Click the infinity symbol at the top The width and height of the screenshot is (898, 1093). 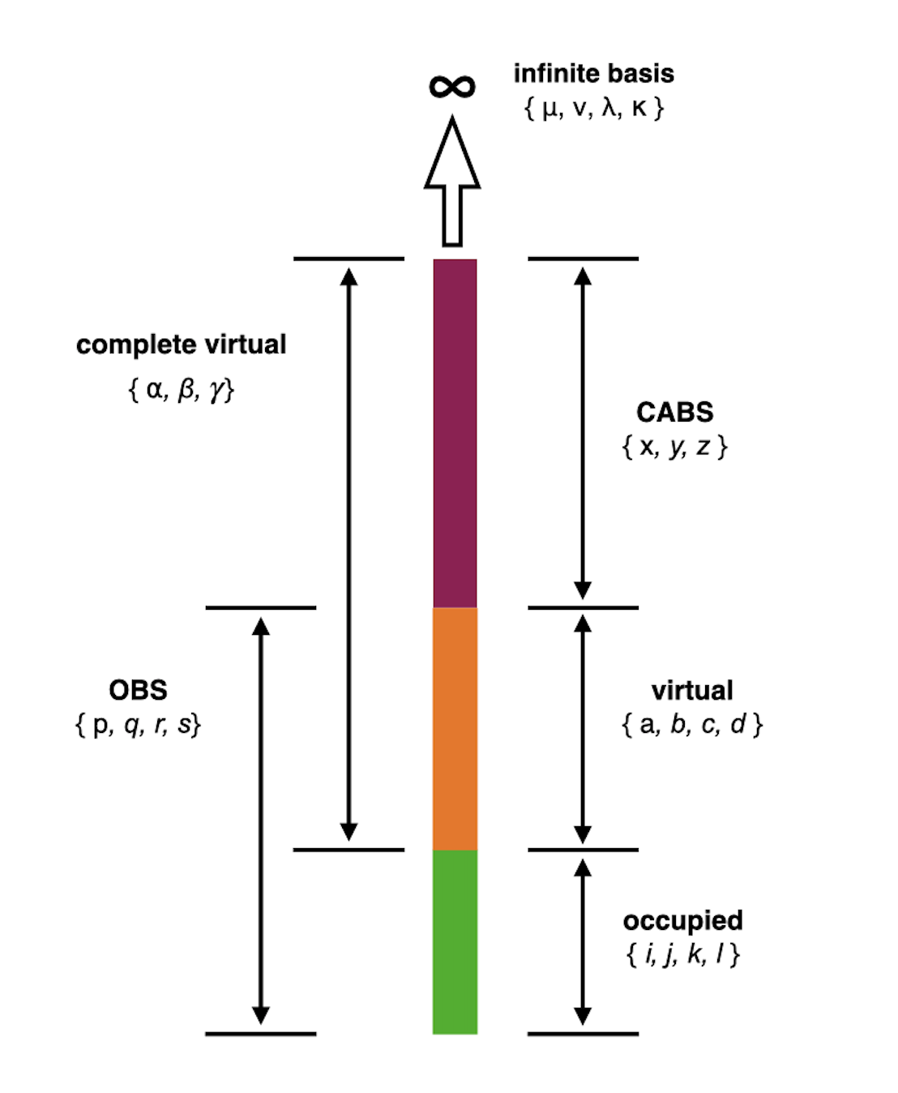point(452,86)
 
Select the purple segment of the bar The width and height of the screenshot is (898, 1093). point(455,433)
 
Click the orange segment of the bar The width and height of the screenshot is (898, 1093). point(455,728)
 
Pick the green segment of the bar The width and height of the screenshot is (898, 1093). point(455,941)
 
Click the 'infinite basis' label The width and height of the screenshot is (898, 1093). point(593,74)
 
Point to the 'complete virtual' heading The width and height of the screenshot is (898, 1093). point(181,345)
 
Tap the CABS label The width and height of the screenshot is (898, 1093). point(674,412)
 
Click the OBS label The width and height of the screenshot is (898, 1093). point(138,690)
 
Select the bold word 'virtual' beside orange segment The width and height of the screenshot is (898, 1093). point(692,690)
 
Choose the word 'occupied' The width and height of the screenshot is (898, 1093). point(682,920)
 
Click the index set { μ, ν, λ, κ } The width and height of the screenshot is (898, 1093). point(594,108)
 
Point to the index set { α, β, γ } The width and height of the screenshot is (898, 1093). point(181,390)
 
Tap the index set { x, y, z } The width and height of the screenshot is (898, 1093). point(674,447)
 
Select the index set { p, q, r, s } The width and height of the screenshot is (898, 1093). point(138,724)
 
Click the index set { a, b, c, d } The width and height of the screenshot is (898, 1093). point(692,724)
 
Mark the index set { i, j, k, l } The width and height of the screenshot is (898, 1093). point(682,954)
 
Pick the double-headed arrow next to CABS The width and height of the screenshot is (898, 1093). point(582,433)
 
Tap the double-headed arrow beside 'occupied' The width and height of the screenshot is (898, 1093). point(582,941)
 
